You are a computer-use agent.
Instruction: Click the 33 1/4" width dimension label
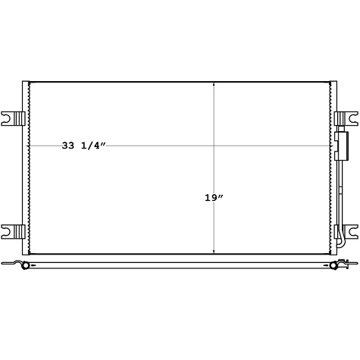[x=83, y=146]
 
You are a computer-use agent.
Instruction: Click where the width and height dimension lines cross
[x=214, y=145]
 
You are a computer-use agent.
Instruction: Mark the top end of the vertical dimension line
[x=214, y=82]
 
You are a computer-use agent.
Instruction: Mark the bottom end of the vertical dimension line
[x=214, y=253]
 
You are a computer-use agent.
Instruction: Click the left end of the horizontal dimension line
[x=29, y=145]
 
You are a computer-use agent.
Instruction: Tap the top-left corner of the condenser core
[x=29, y=81]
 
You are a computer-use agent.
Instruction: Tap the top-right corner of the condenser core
[x=331, y=81]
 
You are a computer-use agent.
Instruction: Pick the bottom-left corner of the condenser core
[x=29, y=254]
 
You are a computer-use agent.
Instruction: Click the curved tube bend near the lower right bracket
[x=343, y=244]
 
